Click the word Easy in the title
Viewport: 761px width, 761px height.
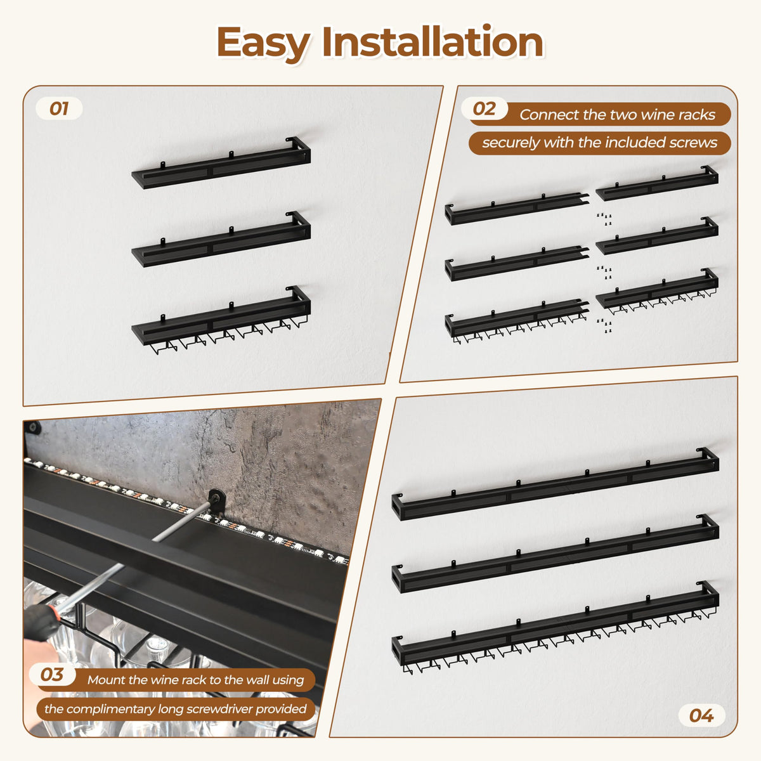point(263,44)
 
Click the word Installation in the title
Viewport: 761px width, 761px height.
point(433,41)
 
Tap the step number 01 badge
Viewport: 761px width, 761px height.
point(59,108)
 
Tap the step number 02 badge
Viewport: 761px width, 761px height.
point(484,108)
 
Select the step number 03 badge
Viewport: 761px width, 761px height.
point(52,675)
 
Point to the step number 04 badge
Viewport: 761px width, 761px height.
point(701,715)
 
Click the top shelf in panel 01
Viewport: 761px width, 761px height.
point(221,163)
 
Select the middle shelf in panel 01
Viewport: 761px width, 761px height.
point(221,239)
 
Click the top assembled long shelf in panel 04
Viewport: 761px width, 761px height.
point(556,484)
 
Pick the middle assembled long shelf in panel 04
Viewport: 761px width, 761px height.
point(556,553)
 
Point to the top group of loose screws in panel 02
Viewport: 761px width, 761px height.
point(604,219)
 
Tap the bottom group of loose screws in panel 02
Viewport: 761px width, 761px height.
point(604,325)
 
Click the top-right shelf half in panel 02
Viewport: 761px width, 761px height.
point(657,183)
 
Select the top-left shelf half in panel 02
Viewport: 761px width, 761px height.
point(517,209)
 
